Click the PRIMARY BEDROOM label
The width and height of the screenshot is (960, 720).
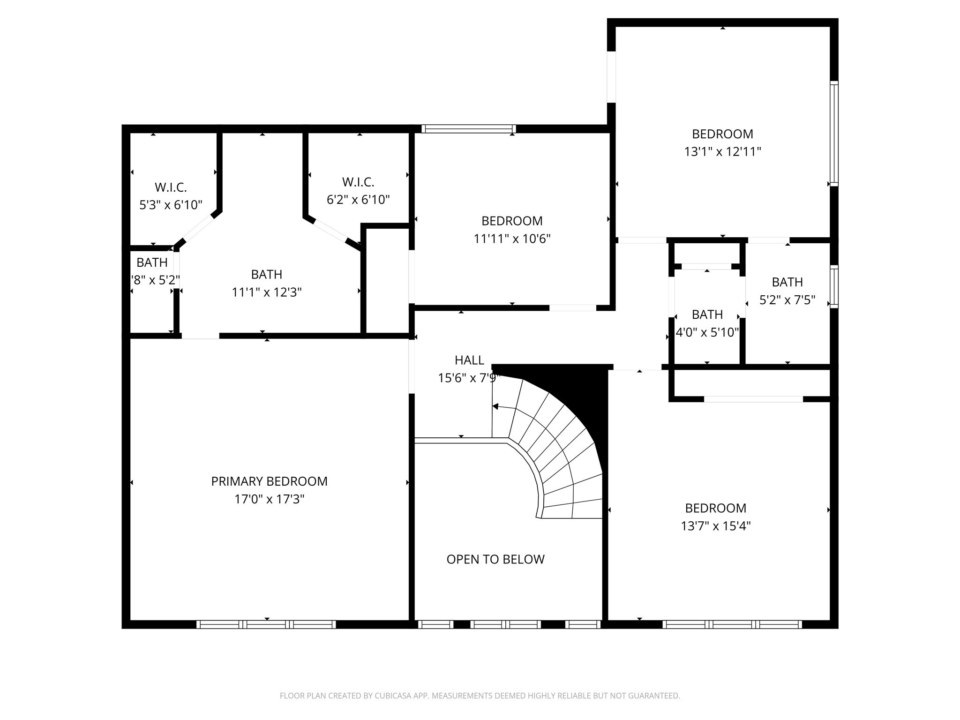269,481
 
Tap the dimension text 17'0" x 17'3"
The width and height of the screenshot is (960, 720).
269,499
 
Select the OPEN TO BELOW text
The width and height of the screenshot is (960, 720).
495,559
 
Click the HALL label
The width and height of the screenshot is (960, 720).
469,360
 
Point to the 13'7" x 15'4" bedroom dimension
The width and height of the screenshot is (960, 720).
716,526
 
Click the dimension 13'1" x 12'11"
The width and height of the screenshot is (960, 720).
722,152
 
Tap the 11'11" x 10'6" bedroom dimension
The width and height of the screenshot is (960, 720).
512,239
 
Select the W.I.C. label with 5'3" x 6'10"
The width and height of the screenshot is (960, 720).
171,187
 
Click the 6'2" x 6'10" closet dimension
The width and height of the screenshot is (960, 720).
358,200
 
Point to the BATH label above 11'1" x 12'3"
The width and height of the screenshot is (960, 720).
266,274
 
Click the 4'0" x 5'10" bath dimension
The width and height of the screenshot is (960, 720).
707,333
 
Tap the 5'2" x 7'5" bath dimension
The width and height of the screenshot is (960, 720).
787,300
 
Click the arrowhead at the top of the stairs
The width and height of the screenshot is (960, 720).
495,406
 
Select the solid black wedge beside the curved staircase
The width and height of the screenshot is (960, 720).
581,394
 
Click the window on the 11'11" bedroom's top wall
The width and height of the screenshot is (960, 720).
468,128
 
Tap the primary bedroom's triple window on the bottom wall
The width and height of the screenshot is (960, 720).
266,624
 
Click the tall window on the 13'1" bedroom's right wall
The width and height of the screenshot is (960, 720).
834,134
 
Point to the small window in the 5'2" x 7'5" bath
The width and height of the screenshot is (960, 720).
834,286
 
